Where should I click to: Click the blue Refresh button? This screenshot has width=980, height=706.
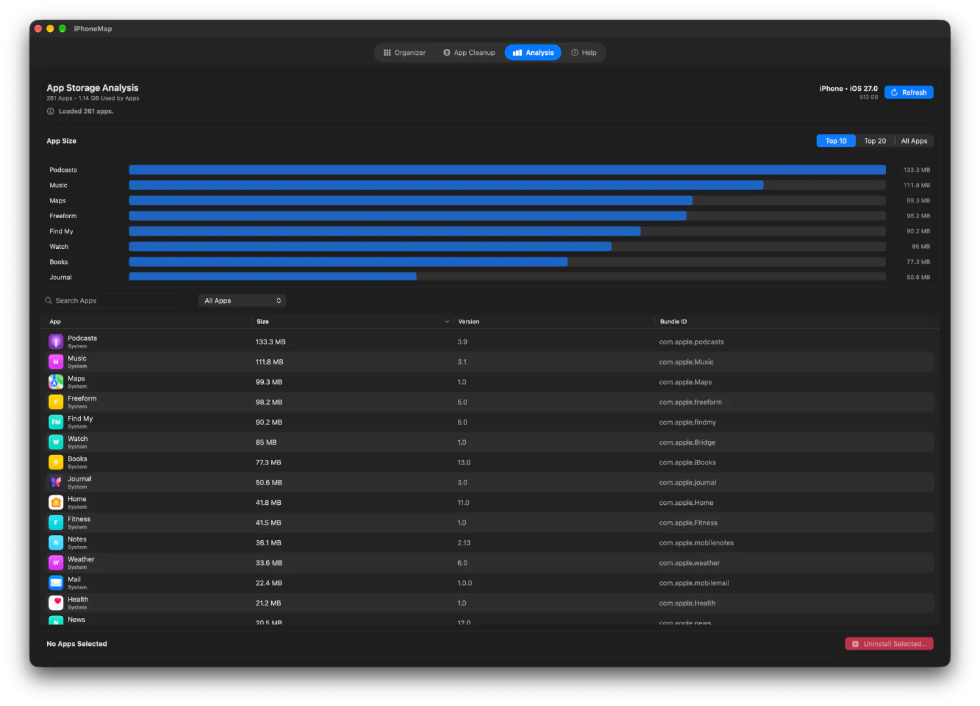coord(908,92)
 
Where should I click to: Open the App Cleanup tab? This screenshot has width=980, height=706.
coord(469,52)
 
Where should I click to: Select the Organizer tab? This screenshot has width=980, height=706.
coord(404,52)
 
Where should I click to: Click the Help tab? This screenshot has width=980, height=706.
coord(583,52)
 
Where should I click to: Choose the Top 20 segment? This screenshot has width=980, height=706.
coord(875,141)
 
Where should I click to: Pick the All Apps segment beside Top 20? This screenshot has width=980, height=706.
coord(913,141)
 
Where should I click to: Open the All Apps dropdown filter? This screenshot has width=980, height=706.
coord(242,300)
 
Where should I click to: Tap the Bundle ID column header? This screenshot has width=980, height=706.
coord(673,321)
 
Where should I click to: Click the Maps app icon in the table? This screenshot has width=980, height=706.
coord(56,382)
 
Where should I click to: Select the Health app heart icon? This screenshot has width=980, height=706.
coord(56,603)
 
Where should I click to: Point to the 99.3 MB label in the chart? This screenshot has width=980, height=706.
coord(917,201)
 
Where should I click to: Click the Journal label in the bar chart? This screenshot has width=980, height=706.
coord(60,277)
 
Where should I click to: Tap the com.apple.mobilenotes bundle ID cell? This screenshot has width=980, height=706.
coord(696,543)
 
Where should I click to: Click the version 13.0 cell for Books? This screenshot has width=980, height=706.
coord(464,462)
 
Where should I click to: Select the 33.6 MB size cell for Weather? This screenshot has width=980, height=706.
coord(269,562)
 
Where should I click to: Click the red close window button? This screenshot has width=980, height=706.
coord(38,29)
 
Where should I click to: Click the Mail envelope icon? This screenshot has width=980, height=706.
coord(56,583)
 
